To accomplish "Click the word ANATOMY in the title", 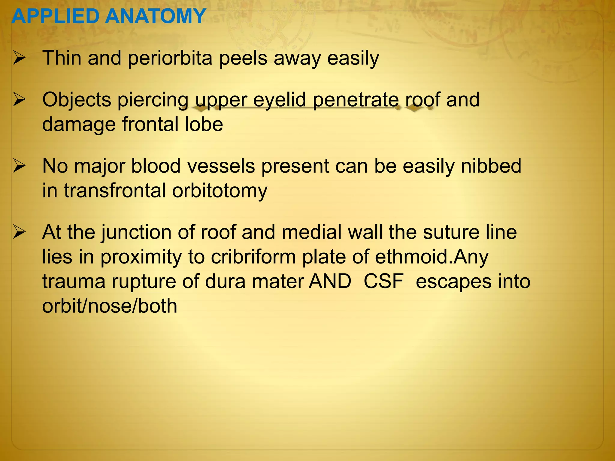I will tap(155, 16).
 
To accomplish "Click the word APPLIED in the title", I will tap(56, 16).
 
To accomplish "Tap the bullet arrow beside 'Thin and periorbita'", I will tap(19, 58).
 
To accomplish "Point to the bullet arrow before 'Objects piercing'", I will tap(19, 100).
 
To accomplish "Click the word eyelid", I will tap(279, 101).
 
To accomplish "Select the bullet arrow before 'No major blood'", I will tap(19, 166).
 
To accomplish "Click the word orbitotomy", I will tap(220, 191).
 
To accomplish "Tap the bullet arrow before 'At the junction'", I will tap(19, 233).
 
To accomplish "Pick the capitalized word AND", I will tap(330, 282).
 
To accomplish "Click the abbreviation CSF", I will tap(383, 282).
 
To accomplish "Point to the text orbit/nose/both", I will tap(110, 306).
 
